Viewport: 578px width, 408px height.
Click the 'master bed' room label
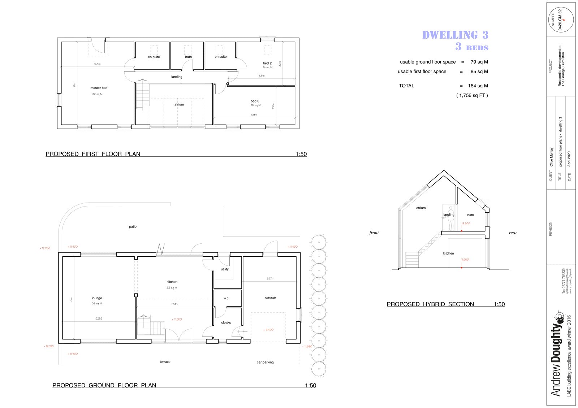click(x=99, y=88)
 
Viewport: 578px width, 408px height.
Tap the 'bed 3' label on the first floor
click(x=255, y=101)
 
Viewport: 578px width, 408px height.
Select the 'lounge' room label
click(x=97, y=298)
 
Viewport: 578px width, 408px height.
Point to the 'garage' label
click(x=270, y=298)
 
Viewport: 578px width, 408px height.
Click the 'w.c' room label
click(x=226, y=298)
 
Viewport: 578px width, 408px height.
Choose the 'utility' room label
click(x=225, y=269)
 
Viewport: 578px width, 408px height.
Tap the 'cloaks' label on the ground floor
click(x=226, y=323)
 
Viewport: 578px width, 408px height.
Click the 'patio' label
click(x=133, y=227)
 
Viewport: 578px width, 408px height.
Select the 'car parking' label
click(x=265, y=362)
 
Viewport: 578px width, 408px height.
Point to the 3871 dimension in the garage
click(x=269, y=278)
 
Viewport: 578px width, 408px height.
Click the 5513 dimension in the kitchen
click(x=174, y=304)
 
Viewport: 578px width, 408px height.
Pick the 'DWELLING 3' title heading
click(x=455, y=35)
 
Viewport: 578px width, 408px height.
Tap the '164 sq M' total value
click(x=478, y=86)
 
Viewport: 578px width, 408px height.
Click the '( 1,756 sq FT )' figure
click(x=472, y=95)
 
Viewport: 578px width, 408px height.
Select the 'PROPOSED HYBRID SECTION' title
click(x=430, y=304)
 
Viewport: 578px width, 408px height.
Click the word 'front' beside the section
click(x=374, y=233)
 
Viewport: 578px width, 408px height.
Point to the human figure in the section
click(x=451, y=219)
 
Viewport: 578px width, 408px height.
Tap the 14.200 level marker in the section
click(x=466, y=223)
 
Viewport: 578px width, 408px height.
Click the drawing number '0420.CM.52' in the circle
click(x=560, y=19)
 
